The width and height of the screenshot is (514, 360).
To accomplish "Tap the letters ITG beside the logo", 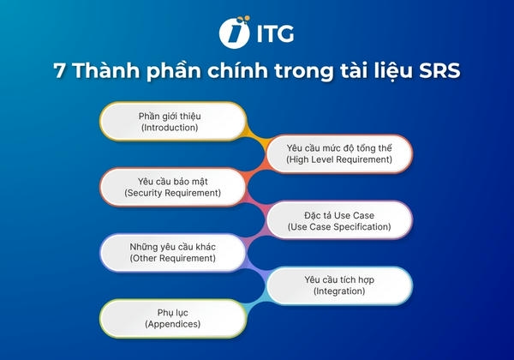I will click(272, 34).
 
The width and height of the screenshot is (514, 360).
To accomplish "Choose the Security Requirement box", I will click(172, 186).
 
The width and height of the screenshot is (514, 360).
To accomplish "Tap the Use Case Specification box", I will click(340, 219).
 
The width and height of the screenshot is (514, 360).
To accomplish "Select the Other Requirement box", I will click(172, 252).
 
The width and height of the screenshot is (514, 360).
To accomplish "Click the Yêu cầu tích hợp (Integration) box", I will click(341, 285).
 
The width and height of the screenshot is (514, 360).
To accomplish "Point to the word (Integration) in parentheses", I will click(341, 291).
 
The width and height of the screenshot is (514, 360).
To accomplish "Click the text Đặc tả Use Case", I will click(340, 213).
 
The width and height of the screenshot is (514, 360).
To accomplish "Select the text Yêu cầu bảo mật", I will click(172, 180).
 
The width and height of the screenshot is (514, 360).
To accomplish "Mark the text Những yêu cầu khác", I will click(172, 246).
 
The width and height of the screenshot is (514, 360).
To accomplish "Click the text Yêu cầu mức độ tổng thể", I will click(339, 147).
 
